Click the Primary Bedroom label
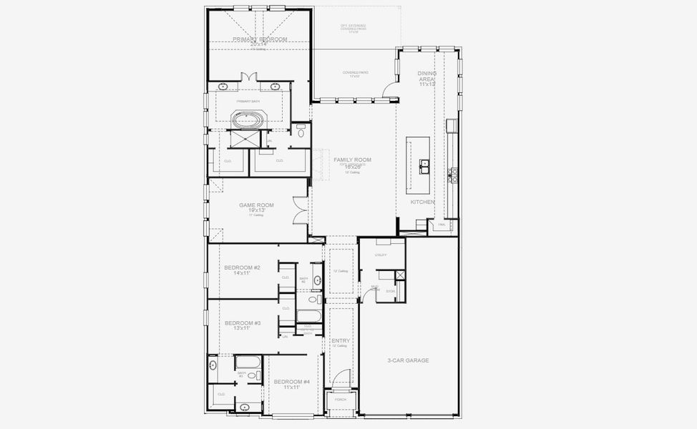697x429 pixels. click(260, 39)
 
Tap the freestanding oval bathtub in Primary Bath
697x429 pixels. click(248, 119)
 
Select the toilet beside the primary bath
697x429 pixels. click(301, 132)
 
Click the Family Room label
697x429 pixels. click(352, 159)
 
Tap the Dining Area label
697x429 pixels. click(427, 74)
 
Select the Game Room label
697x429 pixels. click(256, 205)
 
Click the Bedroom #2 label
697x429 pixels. click(242, 267)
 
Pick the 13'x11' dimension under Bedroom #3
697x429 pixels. click(242, 328)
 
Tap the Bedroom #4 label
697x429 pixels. click(291, 382)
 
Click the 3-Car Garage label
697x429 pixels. click(407, 360)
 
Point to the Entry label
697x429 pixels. click(341, 341)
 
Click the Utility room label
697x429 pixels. click(381, 255)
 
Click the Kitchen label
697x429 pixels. click(422, 202)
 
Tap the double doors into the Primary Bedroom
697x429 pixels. click(249, 77)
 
